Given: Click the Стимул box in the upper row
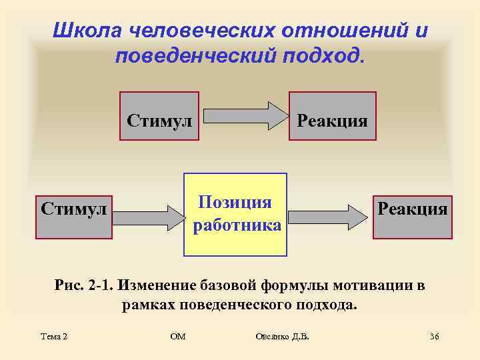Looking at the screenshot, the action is [x=159, y=116].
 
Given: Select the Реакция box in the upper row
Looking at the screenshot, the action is [x=332, y=116].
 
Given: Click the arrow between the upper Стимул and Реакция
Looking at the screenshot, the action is [x=244, y=116].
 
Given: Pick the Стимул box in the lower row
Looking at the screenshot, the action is [x=74, y=217].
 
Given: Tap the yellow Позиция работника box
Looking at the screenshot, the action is [x=235, y=215].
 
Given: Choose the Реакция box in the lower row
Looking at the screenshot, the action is [x=412, y=217].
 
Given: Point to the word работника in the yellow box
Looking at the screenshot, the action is [x=237, y=225].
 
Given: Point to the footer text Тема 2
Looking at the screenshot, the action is [x=53, y=337].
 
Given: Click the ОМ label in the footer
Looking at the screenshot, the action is [x=178, y=337].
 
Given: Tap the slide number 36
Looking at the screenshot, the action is [x=434, y=337].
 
